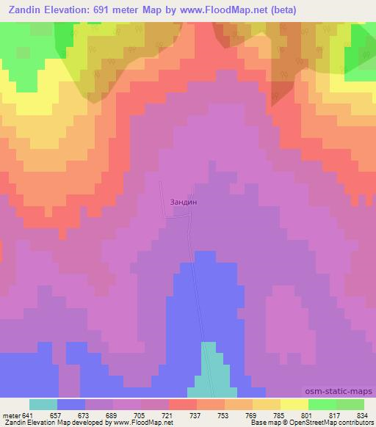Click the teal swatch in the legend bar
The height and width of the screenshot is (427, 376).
click(x=43, y=404)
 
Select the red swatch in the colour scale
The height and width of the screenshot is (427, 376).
click(x=183, y=404)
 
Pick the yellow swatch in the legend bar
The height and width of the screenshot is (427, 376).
click(x=294, y=404)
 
